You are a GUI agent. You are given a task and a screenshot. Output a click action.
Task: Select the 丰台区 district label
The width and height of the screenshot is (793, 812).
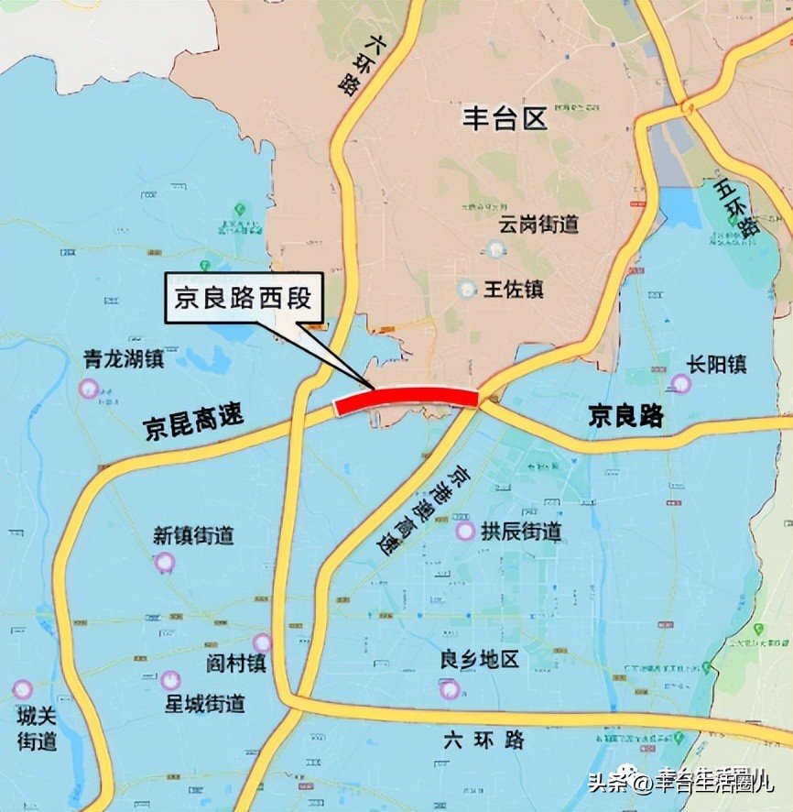(x=504, y=118)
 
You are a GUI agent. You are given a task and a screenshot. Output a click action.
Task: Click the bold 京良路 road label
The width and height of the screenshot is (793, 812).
(x=625, y=417)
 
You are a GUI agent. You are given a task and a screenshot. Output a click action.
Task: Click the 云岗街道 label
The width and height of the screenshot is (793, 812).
(x=539, y=223)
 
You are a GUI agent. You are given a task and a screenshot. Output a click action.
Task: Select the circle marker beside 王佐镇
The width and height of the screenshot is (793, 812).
(x=467, y=289)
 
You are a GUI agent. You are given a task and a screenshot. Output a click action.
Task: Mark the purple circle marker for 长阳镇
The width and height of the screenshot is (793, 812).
(x=681, y=383)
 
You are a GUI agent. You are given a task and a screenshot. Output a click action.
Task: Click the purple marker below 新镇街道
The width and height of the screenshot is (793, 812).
(x=165, y=562)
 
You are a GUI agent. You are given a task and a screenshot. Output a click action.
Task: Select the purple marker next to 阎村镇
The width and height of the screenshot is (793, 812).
(x=263, y=643)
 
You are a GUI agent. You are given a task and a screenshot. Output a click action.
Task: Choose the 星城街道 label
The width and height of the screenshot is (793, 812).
(x=204, y=704)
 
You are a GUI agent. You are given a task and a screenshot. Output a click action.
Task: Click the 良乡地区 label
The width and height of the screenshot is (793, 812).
(x=479, y=660)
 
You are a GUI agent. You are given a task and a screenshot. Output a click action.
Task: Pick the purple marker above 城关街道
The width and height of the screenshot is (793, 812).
(x=22, y=689)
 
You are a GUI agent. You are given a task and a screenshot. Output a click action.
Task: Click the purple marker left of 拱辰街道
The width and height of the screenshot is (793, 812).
(x=465, y=532)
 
